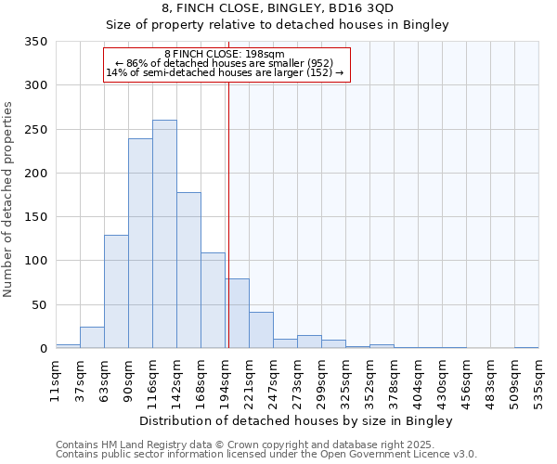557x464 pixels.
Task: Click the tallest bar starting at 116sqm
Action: point(164,234)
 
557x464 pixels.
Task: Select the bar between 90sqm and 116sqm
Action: point(140,243)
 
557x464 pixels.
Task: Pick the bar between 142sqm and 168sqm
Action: point(188,270)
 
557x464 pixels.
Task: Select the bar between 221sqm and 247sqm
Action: point(261,330)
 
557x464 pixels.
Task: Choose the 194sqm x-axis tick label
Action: point(225,377)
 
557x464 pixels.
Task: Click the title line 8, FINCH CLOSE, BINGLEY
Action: point(278,8)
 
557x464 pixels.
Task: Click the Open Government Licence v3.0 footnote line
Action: point(266,455)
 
